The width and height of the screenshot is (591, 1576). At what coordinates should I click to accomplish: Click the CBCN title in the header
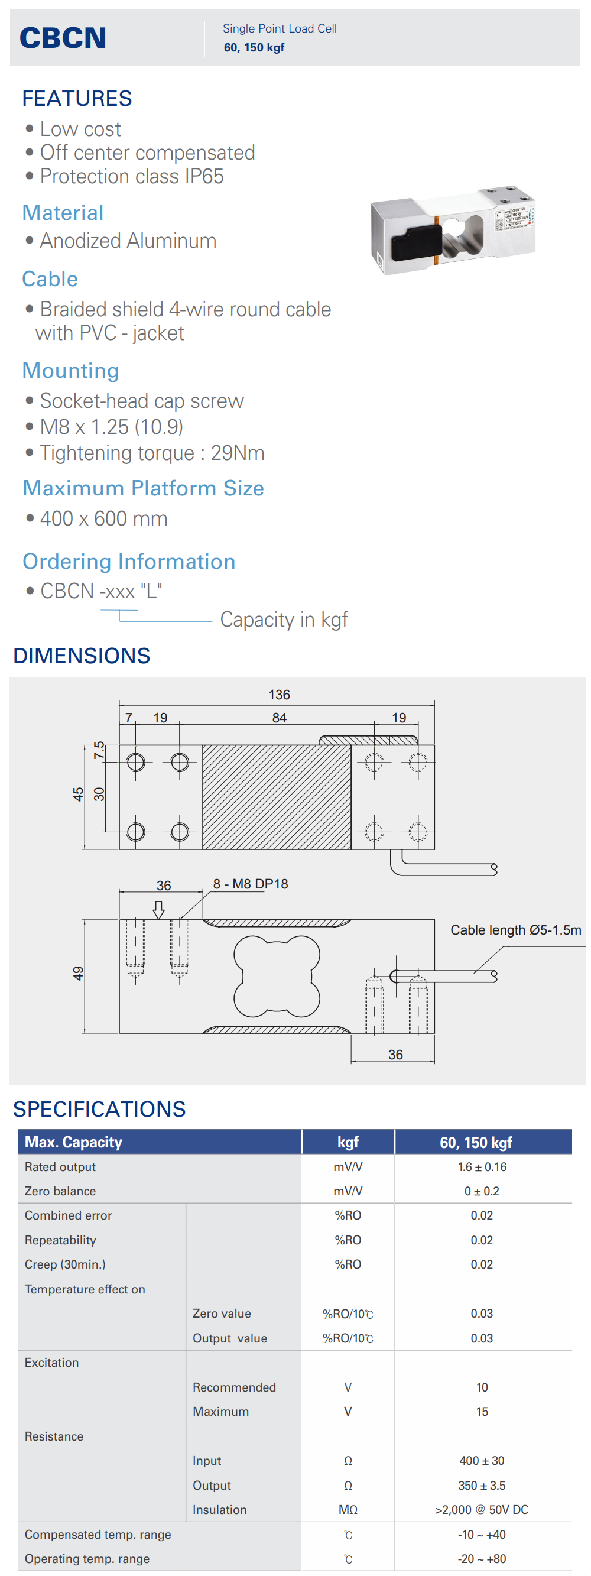point(63,38)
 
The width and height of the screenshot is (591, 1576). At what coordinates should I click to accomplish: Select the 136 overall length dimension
point(279,695)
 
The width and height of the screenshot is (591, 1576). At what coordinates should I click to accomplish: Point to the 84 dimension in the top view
point(279,718)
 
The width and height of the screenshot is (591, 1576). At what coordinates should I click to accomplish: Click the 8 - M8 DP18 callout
point(250,883)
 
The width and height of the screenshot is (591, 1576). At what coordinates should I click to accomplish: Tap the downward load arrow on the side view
point(158,909)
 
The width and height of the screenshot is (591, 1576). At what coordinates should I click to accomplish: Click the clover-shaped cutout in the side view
point(277,976)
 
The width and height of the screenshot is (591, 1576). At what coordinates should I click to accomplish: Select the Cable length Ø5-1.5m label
point(515,930)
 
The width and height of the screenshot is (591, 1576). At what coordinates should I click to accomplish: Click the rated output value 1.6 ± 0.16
point(482,1167)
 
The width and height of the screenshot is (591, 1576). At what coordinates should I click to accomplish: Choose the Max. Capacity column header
point(73,1142)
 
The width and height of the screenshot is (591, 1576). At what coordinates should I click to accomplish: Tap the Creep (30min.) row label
point(65,1264)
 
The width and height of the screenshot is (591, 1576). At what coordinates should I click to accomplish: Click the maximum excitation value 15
point(482,1412)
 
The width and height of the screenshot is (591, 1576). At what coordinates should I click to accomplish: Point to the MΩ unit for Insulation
point(348,1509)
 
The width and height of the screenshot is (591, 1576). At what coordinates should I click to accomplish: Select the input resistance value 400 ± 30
point(482,1460)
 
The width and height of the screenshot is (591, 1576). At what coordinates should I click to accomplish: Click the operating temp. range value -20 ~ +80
point(482,1558)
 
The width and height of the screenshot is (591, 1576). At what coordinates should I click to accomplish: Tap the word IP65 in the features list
point(204,176)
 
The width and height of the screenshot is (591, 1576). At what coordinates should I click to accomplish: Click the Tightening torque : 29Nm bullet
point(152,453)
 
